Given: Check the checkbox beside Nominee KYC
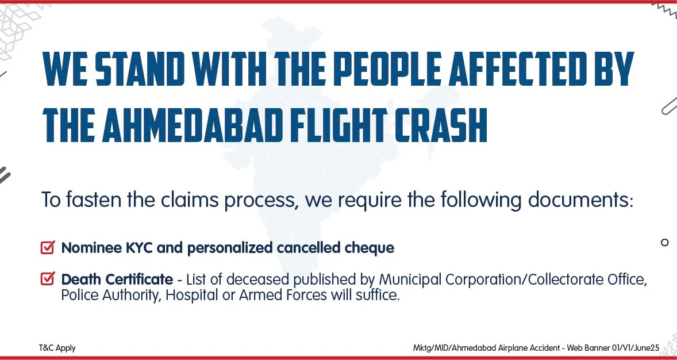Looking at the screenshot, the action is tap(48, 247).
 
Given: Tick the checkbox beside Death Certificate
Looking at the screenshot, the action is tap(48, 278).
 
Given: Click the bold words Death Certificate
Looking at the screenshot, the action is tap(117, 279).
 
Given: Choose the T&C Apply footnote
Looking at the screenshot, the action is tap(57, 348).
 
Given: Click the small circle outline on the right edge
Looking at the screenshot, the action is tap(664, 242).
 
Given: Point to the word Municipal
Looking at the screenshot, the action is tap(410, 280).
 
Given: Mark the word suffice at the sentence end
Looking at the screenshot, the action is tap(375, 296).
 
